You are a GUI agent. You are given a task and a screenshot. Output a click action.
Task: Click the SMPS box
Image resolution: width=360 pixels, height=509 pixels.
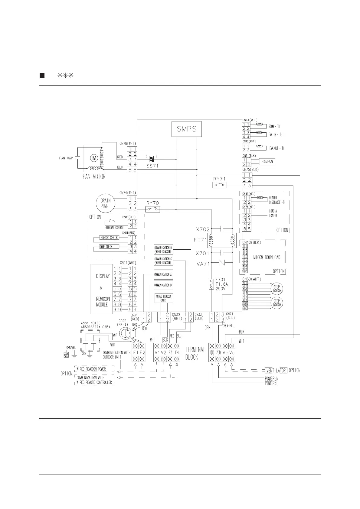[187, 129]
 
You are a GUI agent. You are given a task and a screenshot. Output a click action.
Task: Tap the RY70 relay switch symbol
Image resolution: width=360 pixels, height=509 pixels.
[153, 209]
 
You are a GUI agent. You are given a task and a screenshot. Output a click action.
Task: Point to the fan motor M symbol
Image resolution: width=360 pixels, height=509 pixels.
[93, 157]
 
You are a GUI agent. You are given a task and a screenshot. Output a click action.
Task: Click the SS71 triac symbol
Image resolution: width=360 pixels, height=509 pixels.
[152, 159]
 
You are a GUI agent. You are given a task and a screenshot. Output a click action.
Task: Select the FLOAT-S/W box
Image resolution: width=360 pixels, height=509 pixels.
[266, 162]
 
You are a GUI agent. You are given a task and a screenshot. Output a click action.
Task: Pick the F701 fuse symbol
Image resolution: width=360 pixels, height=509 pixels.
[211, 284]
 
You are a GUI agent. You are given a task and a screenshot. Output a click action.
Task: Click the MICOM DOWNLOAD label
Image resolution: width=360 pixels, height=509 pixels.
[267, 258]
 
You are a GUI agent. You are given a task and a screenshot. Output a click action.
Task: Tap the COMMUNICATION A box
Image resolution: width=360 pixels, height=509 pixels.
[163, 274]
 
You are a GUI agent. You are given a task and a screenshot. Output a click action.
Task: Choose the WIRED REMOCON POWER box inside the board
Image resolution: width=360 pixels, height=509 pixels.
[164, 298]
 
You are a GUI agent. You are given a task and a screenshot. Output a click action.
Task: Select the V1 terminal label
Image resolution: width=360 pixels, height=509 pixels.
[157, 352]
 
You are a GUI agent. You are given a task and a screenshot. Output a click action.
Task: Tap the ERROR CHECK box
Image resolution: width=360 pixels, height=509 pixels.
[109, 238]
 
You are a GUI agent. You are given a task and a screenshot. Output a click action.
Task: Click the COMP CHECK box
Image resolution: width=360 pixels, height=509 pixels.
[106, 247]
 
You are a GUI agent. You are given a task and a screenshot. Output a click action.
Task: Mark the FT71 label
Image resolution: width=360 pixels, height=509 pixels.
[200, 240]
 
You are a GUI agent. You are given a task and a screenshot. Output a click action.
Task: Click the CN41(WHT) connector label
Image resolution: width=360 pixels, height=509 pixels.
[250, 120]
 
